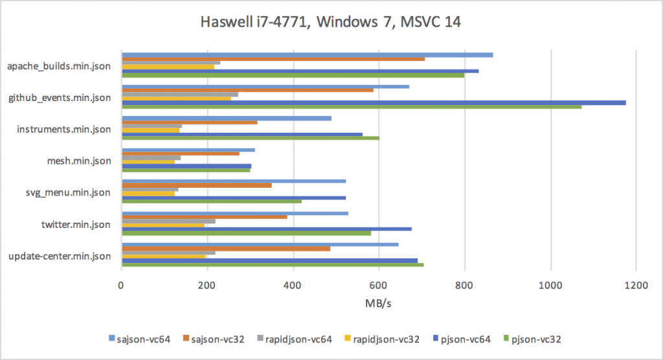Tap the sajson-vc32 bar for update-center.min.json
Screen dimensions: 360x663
pyautogui.click(x=226, y=249)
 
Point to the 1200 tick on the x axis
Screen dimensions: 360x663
pyautogui.click(x=636, y=282)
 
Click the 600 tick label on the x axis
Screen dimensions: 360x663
pyautogui.click(x=379, y=282)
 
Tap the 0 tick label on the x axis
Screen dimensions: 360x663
pyautogui.click(x=122, y=282)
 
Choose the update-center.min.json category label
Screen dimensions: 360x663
pyautogui.click(x=60, y=256)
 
